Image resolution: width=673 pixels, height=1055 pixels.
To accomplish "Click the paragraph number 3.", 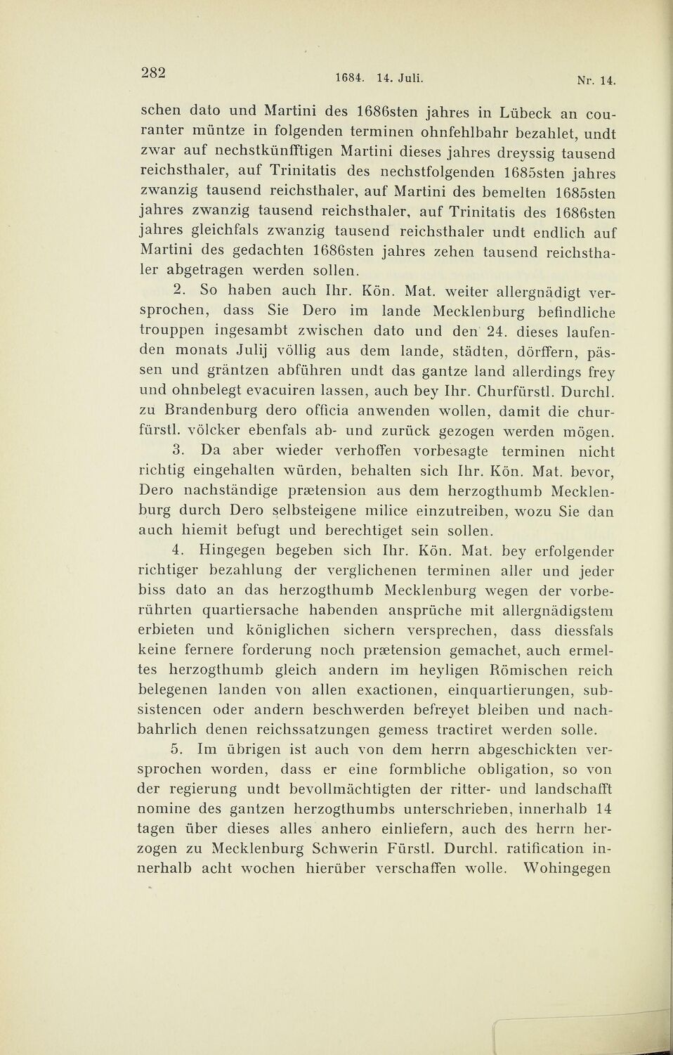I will click(x=178, y=450).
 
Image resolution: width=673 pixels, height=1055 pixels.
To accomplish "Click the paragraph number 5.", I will click(x=178, y=750).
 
